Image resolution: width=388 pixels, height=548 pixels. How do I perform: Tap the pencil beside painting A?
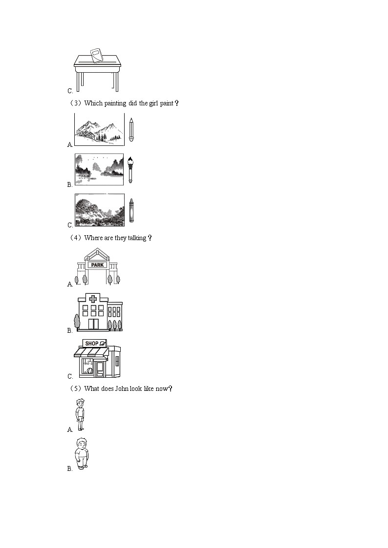click(x=131, y=129)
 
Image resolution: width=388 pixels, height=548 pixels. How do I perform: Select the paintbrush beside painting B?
click(x=130, y=169)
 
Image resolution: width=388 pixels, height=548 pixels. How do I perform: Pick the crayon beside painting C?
click(x=131, y=210)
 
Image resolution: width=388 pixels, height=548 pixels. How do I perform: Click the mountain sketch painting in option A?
click(x=99, y=129)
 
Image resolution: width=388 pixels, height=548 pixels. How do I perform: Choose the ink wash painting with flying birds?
click(x=99, y=169)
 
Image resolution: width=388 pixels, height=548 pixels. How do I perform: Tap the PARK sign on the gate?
click(x=97, y=265)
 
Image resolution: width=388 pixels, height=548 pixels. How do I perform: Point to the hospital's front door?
click(x=93, y=324)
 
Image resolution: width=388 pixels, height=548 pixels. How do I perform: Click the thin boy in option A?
click(x=80, y=414)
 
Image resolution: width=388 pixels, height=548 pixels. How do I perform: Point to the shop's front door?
click(x=100, y=369)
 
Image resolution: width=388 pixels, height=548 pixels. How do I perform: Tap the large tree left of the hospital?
click(x=77, y=322)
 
